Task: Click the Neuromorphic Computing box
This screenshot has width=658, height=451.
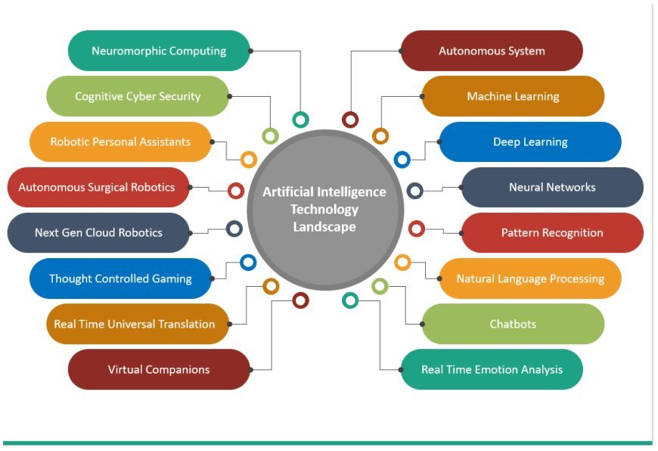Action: click(159, 51)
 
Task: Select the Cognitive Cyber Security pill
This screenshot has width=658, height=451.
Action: click(138, 96)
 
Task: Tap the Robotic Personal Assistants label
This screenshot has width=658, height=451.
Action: click(120, 142)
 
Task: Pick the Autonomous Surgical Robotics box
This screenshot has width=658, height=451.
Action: click(97, 187)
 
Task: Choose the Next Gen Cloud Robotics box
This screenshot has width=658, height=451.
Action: click(98, 232)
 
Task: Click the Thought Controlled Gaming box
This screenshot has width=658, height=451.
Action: click(120, 278)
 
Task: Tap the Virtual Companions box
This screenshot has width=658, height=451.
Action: click(159, 369)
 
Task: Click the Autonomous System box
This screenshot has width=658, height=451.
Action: click(492, 51)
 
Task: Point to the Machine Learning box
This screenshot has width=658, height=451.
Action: click(513, 96)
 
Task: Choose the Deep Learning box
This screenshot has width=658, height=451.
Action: click(530, 142)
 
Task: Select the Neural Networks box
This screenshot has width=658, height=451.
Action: click(552, 187)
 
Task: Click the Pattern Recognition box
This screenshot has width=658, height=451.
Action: click(552, 232)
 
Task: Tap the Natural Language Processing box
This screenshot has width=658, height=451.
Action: click(530, 278)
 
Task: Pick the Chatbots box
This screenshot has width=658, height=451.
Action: click(513, 324)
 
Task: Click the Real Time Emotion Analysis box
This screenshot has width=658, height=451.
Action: click(492, 369)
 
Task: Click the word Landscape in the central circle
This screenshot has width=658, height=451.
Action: click(324, 226)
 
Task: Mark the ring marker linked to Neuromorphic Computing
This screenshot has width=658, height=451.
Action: click(301, 119)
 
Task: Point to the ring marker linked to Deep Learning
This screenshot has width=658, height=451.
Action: click(402, 160)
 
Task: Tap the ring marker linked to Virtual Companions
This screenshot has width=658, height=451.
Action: click(300, 300)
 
